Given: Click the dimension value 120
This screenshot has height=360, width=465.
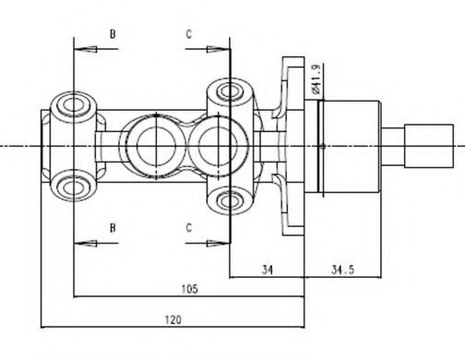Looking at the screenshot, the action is click(173, 319).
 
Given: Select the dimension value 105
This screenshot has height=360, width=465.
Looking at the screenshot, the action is click(189, 289).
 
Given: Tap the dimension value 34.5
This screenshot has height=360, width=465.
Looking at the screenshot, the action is click(342, 270).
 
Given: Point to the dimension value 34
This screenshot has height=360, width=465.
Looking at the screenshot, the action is click(268, 270).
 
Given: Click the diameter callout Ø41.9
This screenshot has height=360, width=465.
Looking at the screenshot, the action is click(316, 78).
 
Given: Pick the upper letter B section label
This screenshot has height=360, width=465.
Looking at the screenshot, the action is click(113, 34).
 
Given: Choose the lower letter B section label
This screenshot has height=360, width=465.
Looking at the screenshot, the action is click(113, 228).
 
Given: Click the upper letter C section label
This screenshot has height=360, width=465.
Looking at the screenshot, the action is click(189, 34).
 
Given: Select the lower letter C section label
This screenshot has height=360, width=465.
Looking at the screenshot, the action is click(189, 228).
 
